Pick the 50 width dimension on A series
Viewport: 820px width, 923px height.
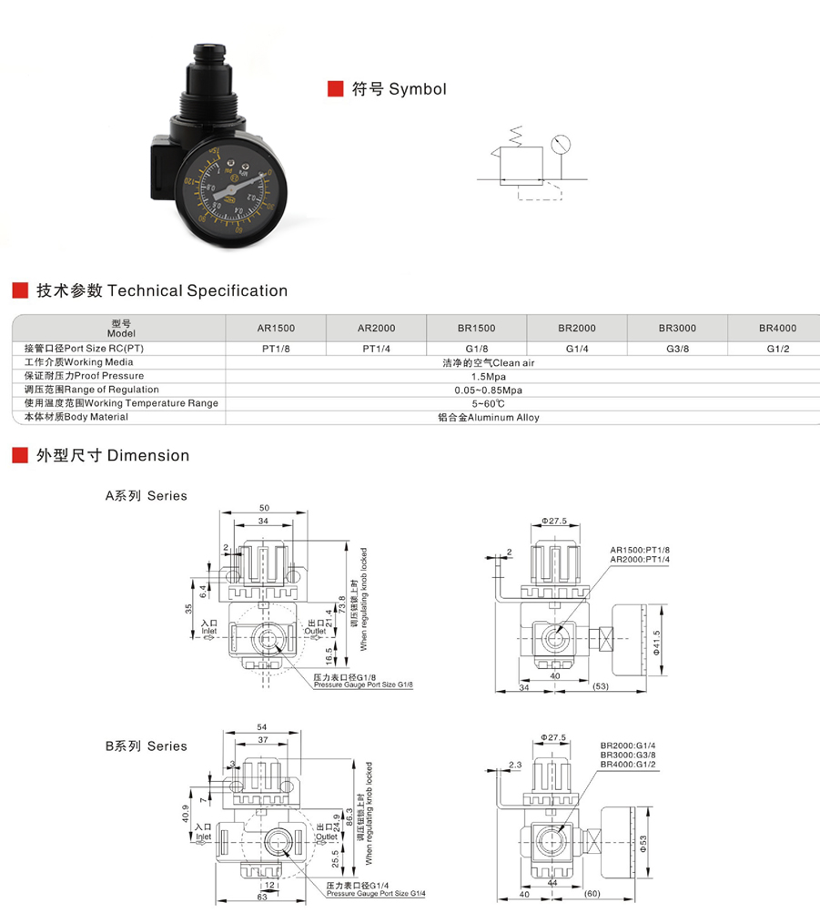tap(264, 507)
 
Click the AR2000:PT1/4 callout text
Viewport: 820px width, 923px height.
tap(640, 559)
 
